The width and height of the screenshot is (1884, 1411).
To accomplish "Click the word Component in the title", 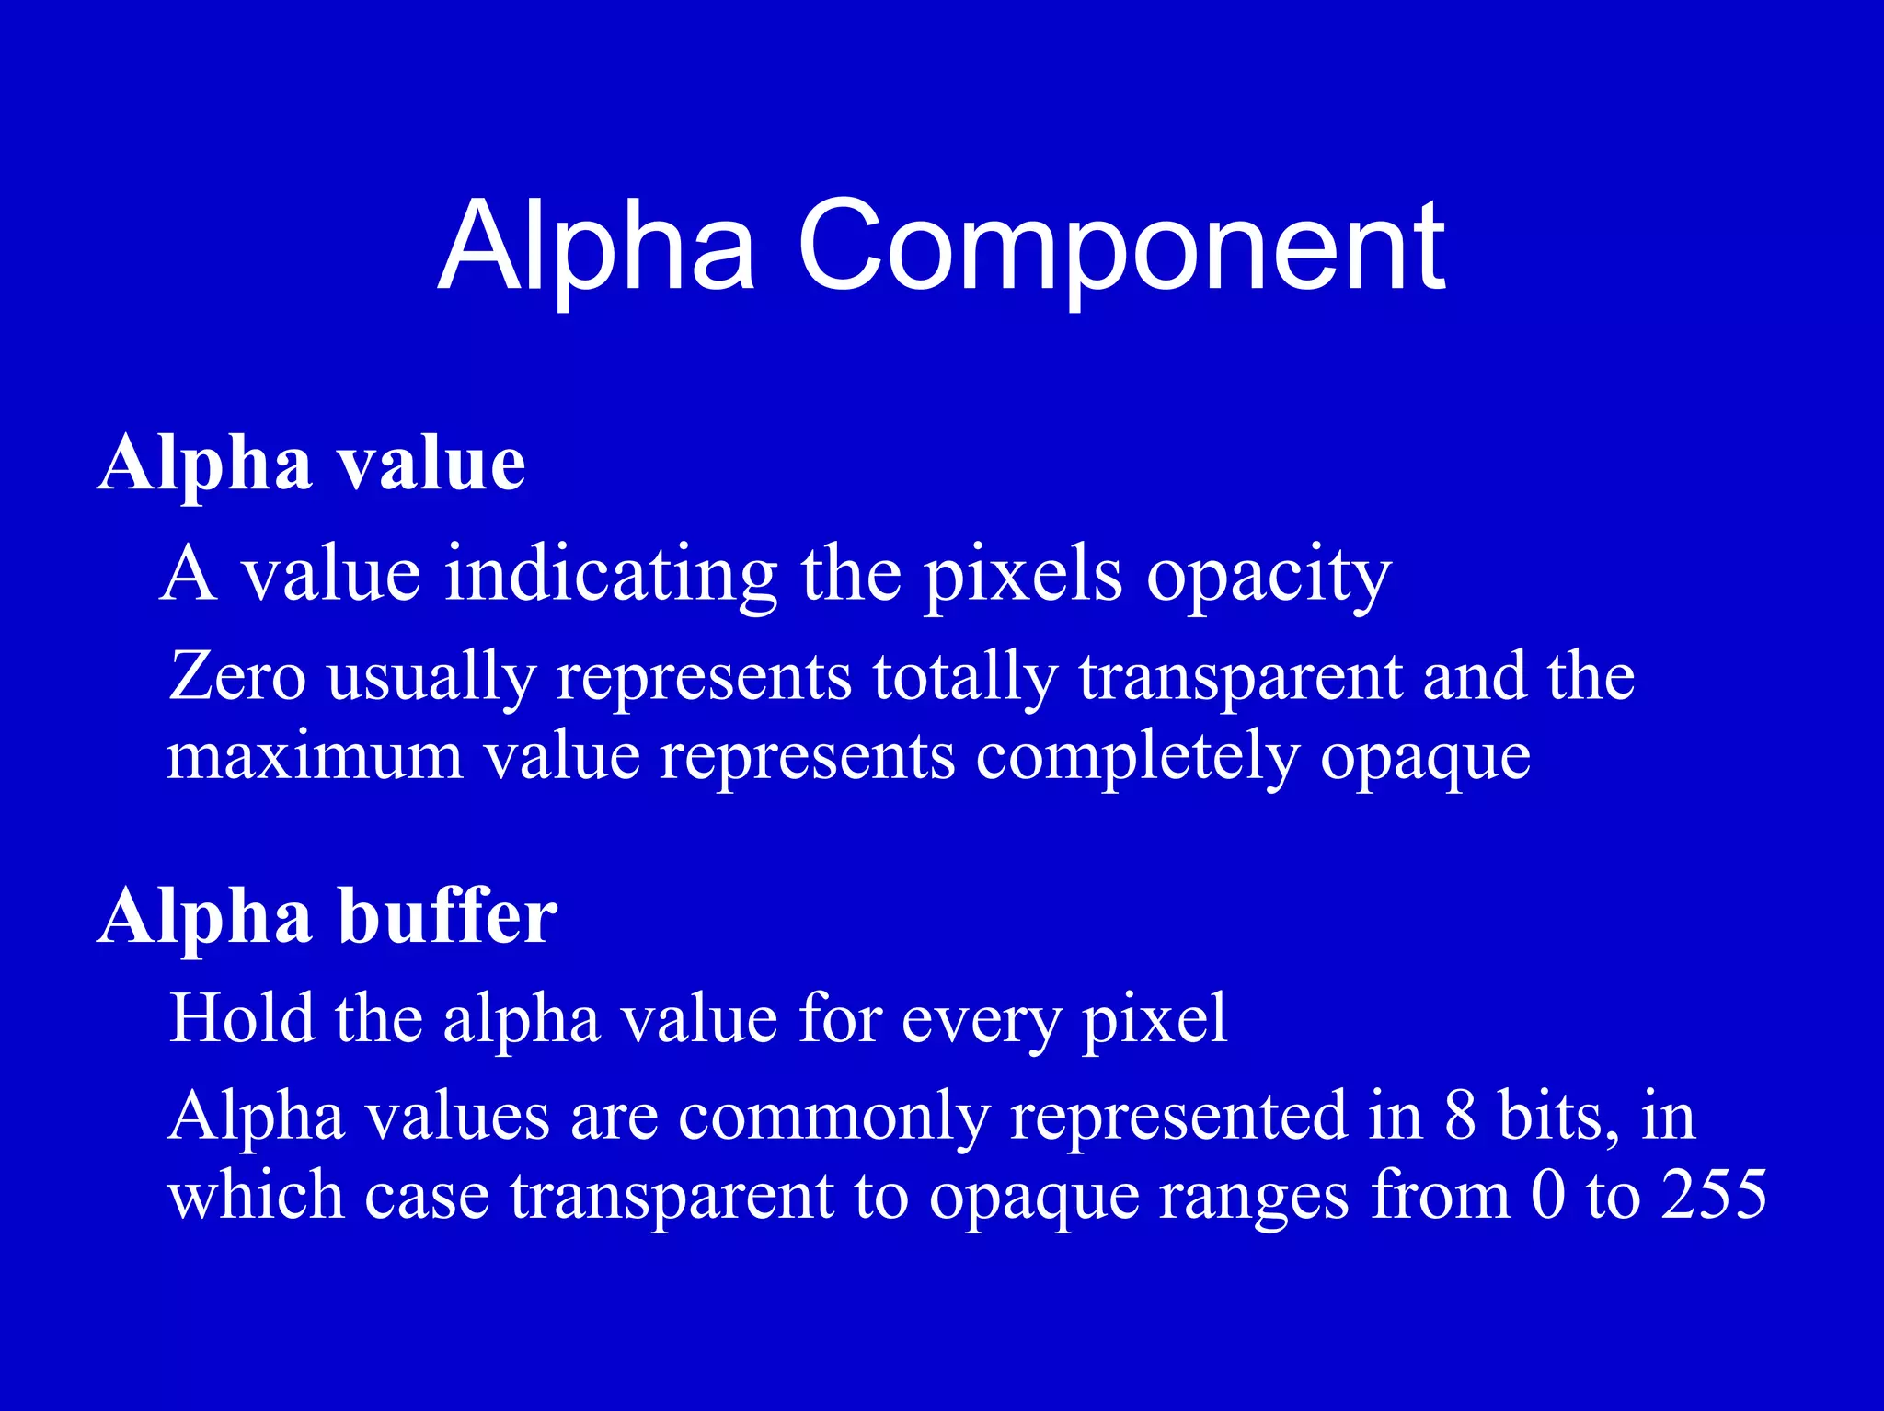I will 1120,247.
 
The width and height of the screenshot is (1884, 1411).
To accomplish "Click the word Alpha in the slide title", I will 596,247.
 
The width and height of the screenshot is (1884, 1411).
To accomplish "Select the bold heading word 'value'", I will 431,465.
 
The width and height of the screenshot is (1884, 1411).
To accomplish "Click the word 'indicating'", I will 611,576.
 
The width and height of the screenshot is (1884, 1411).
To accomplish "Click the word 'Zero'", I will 237,677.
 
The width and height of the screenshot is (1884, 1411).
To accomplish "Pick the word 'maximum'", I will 315,758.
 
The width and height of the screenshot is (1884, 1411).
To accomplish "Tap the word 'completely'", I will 1137,760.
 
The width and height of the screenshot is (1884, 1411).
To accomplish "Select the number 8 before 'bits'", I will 1460,1117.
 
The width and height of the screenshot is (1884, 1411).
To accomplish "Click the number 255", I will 1713,1196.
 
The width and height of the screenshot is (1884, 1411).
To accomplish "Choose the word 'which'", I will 255,1196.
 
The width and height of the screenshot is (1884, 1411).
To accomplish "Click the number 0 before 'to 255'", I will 1548,1196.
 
